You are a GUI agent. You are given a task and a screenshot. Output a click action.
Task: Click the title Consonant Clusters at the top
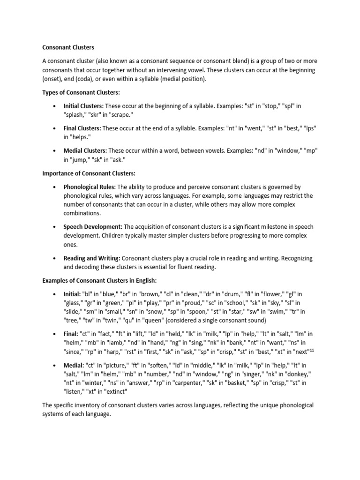(68, 47)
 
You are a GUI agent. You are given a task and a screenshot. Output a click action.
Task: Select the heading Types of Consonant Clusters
(81, 92)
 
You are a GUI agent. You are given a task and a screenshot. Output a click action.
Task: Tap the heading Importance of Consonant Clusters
(89, 173)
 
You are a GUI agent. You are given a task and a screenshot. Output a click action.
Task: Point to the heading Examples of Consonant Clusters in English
(99, 280)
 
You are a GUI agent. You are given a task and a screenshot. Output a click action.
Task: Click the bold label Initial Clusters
(82, 106)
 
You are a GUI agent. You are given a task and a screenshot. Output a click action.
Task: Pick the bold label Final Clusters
(82, 128)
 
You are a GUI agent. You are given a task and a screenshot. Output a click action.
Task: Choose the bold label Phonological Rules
(90, 187)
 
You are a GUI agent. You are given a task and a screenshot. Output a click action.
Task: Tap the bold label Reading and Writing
(92, 258)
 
